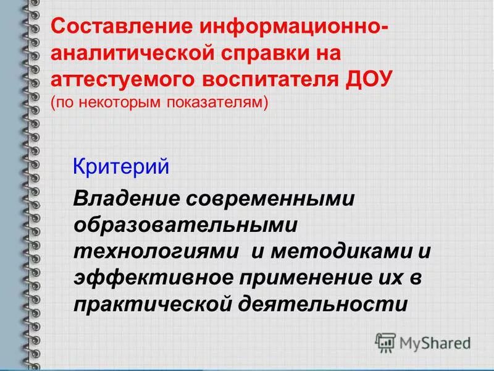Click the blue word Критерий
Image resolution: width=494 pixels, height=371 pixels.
coord(120,167)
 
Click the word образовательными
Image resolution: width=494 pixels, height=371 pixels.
coord(185,226)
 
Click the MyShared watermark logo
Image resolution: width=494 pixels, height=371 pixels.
coord(424,341)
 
